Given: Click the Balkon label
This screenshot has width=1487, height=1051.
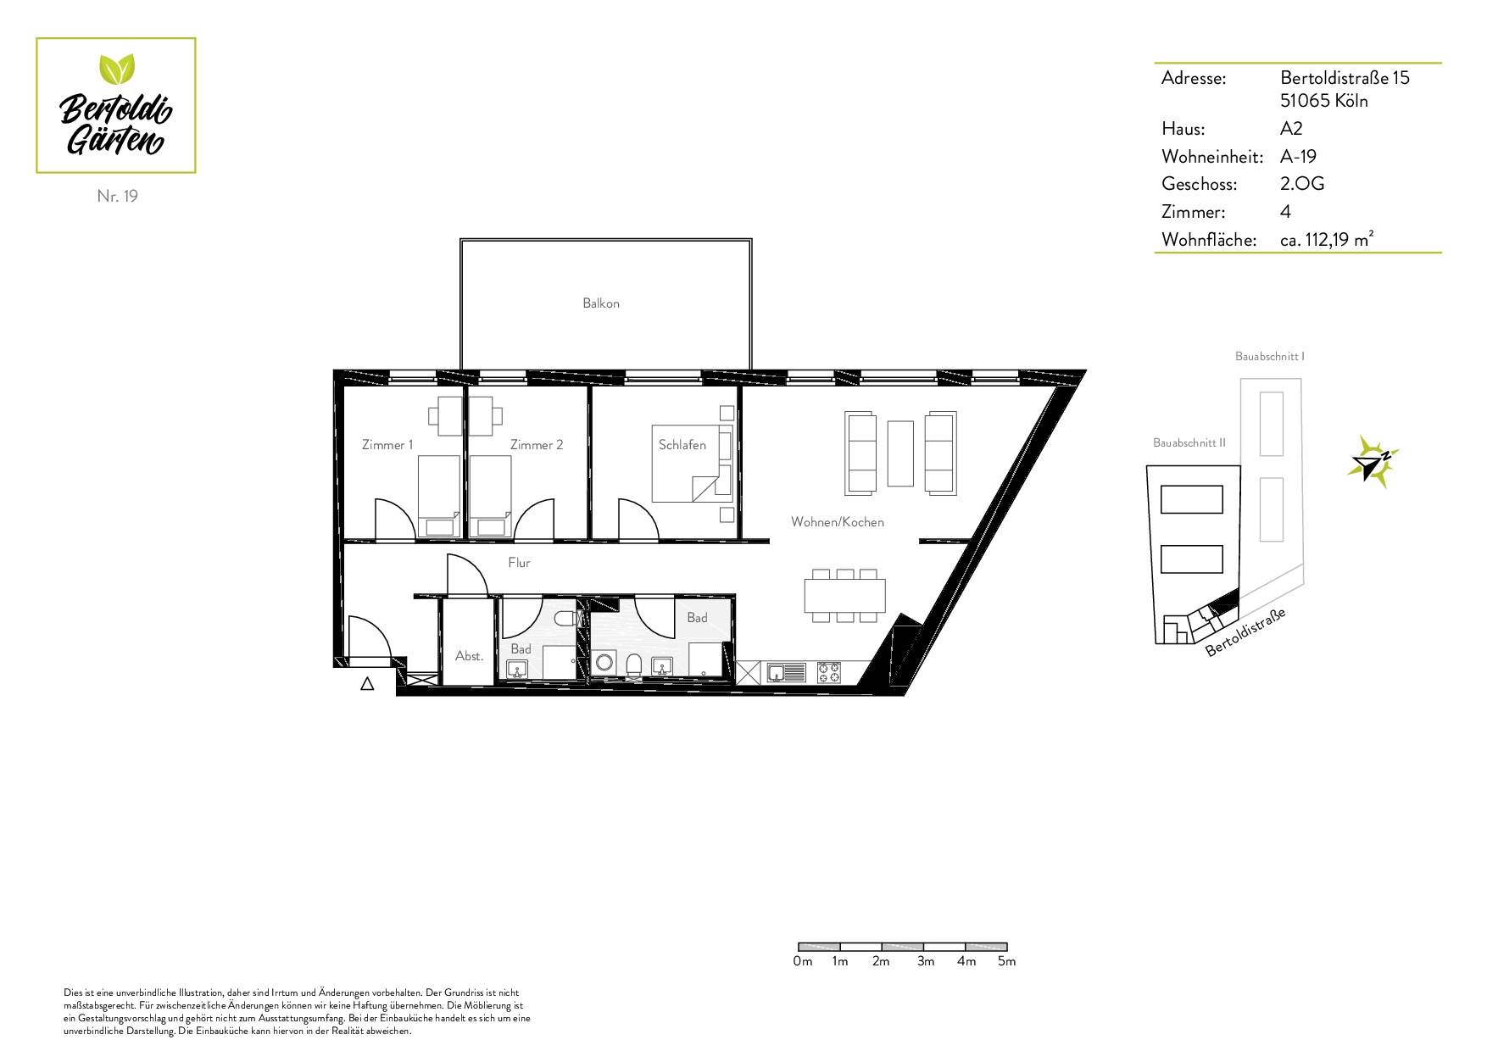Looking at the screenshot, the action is tap(601, 303).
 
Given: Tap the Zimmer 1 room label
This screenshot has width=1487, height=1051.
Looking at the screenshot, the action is tap(387, 445).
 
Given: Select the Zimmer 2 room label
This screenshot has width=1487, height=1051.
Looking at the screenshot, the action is tap(537, 445).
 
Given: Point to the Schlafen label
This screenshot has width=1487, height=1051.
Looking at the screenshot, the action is tap(682, 445).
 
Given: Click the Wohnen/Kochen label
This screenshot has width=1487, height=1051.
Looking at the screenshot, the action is tap(838, 522).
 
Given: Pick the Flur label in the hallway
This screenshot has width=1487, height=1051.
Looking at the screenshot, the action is tap(519, 563).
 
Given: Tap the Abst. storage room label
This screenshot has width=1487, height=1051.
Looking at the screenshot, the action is tap(469, 656).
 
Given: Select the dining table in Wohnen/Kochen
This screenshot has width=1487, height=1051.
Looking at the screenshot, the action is tap(844, 596).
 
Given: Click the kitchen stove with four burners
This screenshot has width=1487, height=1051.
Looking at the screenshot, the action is tap(829, 673).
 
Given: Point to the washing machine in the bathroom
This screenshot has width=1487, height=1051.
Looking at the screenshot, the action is tap(604, 663).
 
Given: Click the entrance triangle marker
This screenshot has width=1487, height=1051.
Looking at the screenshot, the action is tap(367, 684).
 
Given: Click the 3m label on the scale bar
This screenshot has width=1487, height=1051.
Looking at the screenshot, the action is tap(926, 961).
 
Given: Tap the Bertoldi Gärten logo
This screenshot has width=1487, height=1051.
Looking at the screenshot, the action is tap(116, 106).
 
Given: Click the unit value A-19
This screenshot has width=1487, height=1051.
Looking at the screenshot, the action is tap(1298, 157).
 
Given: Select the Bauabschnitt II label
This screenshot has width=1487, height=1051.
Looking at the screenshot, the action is tap(1189, 443).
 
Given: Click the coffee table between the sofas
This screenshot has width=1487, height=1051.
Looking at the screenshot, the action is tap(900, 453).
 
